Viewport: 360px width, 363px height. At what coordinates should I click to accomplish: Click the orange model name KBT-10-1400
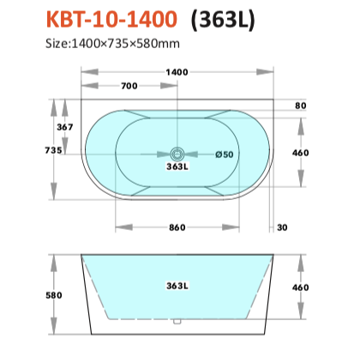coord(111,19)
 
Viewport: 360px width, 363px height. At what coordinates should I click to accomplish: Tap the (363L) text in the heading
coord(223,20)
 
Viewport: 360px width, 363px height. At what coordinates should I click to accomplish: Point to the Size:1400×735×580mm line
coord(112,44)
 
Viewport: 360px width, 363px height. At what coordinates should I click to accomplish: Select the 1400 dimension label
coord(177,72)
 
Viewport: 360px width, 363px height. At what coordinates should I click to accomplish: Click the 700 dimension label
coord(129,86)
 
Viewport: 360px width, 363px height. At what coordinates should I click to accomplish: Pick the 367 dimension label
coord(65,127)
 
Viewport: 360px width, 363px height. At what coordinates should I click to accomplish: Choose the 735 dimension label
coord(53,150)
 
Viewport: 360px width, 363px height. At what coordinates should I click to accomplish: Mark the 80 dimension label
coord(301,106)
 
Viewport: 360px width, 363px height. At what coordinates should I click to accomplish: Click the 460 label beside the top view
coord(301,153)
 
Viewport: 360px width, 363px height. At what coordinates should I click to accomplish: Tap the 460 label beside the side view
coord(301,287)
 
